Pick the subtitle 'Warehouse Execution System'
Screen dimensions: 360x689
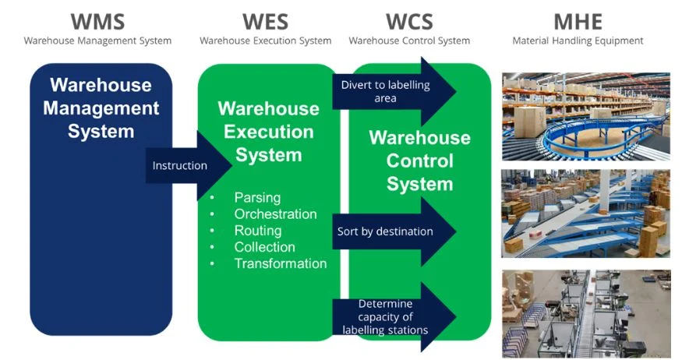pos(265,41)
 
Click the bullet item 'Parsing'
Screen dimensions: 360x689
pos(257,198)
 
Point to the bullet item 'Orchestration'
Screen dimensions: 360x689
pos(275,214)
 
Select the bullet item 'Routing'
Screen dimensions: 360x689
pos(258,231)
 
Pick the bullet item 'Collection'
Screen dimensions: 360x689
pos(264,247)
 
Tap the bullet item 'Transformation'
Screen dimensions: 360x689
pos(280,263)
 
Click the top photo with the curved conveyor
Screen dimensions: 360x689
pos(585,116)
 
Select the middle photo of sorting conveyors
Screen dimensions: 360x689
pos(585,214)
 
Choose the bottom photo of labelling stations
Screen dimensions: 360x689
pos(585,312)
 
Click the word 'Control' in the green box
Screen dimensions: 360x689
pos(419,161)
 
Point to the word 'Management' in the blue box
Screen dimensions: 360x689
pos(101,108)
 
